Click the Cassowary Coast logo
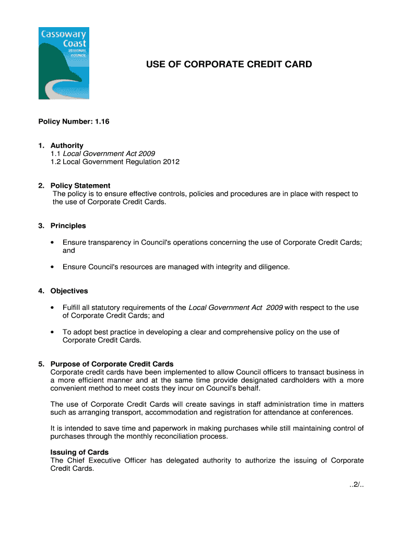[x=64, y=63]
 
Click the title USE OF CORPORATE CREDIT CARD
[x=229, y=65]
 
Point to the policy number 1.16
[x=101, y=122]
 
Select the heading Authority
[x=67, y=145]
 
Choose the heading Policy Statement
[x=80, y=186]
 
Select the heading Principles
[x=68, y=226]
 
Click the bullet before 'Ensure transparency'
[x=53, y=242]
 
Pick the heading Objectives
[x=69, y=291]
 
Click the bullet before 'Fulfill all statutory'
[x=53, y=308]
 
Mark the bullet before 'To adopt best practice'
[x=53, y=332]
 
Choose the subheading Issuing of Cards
[x=79, y=453]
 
